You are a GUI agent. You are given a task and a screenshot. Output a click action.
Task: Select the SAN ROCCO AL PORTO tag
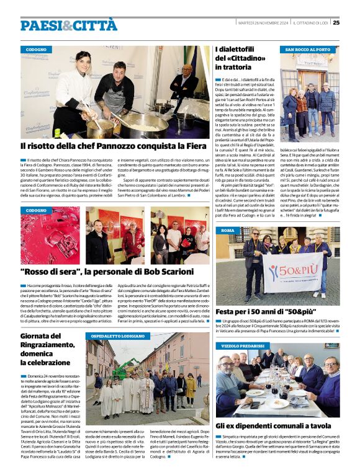pos(307,49)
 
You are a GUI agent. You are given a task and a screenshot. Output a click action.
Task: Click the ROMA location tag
pos(227,230)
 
